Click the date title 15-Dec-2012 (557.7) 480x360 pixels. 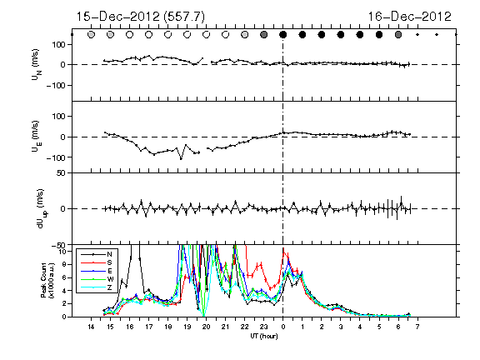(x=140, y=17)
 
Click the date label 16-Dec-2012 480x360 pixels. (x=410, y=17)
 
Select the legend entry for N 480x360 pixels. (x=97, y=254)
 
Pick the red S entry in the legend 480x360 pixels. (x=97, y=262)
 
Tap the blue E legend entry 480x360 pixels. (x=97, y=271)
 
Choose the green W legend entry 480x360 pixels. (x=97, y=279)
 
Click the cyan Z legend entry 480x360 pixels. (x=97, y=287)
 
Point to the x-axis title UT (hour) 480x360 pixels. (x=264, y=336)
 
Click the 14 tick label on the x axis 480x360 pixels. (x=91, y=327)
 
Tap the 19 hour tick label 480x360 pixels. (x=187, y=327)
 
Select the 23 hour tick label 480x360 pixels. (x=264, y=327)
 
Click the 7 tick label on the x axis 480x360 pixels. (x=417, y=327)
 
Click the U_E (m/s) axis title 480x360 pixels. (x=36, y=137)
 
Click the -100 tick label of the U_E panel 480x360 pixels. (x=56, y=157)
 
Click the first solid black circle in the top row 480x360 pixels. (x=283, y=35)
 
